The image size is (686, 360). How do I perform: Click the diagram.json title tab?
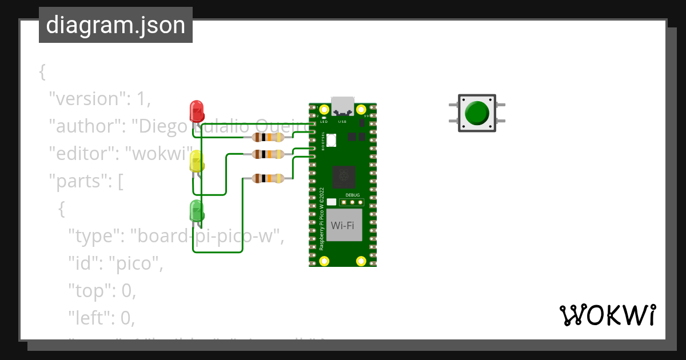pyautogui.click(x=115, y=25)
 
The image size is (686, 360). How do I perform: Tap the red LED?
pyautogui.click(x=196, y=111)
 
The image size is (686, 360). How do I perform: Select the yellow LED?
pyautogui.click(x=196, y=162)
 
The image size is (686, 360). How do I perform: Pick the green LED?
pyautogui.click(x=196, y=211)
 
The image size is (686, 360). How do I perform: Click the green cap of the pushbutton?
pyautogui.click(x=476, y=113)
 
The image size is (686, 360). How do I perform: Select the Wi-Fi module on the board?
pyautogui.click(x=343, y=225)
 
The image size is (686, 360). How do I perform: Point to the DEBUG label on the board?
pyautogui.click(x=353, y=195)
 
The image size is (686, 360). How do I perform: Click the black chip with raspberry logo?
pyautogui.click(x=344, y=176)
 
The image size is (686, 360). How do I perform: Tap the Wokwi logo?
pyautogui.click(x=607, y=315)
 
